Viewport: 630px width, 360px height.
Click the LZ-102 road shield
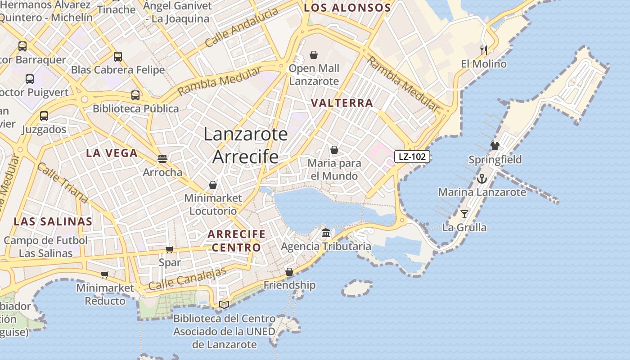[412, 157]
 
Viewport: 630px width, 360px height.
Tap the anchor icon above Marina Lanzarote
[482, 179]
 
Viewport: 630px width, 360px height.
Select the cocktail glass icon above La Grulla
[464, 214]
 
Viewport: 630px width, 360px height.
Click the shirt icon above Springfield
[495, 146]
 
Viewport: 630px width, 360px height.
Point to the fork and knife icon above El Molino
[484, 50]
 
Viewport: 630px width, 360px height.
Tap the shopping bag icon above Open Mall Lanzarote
[314, 55]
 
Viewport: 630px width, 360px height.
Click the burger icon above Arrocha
[162, 159]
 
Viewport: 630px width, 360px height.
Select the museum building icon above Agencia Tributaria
[326, 233]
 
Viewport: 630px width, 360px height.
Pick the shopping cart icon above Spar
[170, 249]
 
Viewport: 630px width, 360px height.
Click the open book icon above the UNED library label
[224, 305]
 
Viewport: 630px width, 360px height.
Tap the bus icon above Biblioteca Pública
[135, 95]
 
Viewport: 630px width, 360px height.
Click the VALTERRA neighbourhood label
[342, 103]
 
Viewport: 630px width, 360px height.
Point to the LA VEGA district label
[112, 153]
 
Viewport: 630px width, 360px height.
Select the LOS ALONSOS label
[347, 8]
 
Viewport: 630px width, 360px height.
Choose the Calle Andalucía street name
[242, 28]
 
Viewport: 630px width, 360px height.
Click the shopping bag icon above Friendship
[289, 272]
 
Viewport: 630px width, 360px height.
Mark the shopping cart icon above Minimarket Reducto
[105, 274]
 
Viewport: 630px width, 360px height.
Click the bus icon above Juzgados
[44, 116]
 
